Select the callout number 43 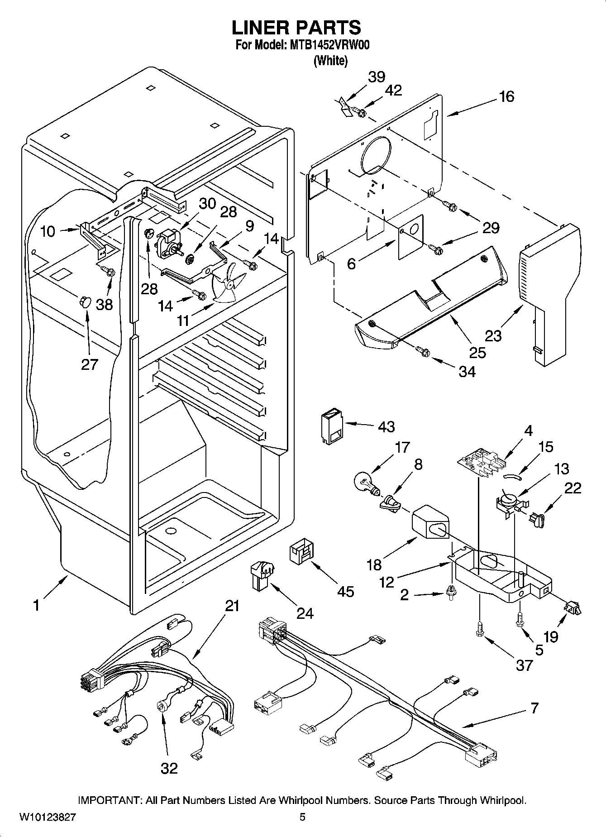point(387,426)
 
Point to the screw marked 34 point(423,351)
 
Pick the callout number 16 point(506,96)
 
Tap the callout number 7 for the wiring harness point(534,708)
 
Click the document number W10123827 point(48,817)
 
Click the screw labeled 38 point(110,273)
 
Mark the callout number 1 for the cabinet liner point(36,605)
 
